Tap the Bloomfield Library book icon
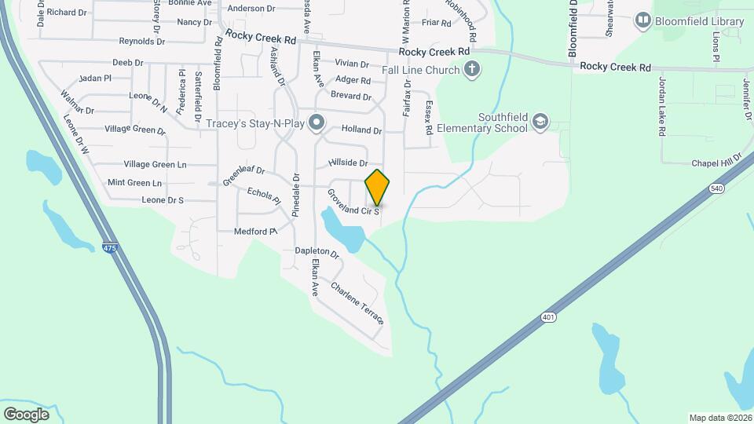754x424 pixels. click(643, 20)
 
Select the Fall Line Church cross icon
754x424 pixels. click(471, 70)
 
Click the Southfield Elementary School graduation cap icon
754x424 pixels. click(539, 121)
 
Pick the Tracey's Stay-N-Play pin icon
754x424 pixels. click(317, 122)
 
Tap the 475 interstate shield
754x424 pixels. click(109, 248)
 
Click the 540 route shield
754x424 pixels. click(716, 188)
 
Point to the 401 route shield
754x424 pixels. click(547, 317)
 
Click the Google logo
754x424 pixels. click(26, 414)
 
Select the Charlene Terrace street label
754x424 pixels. click(357, 304)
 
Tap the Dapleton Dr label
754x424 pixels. click(317, 253)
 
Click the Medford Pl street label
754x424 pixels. click(256, 232)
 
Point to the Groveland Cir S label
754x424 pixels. click(353, 203)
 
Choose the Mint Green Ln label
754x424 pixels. click(134, 183)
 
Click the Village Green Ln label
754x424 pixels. click(155, 164)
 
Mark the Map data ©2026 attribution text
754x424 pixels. click(719, 418)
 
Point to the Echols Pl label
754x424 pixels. click(263, 196)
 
